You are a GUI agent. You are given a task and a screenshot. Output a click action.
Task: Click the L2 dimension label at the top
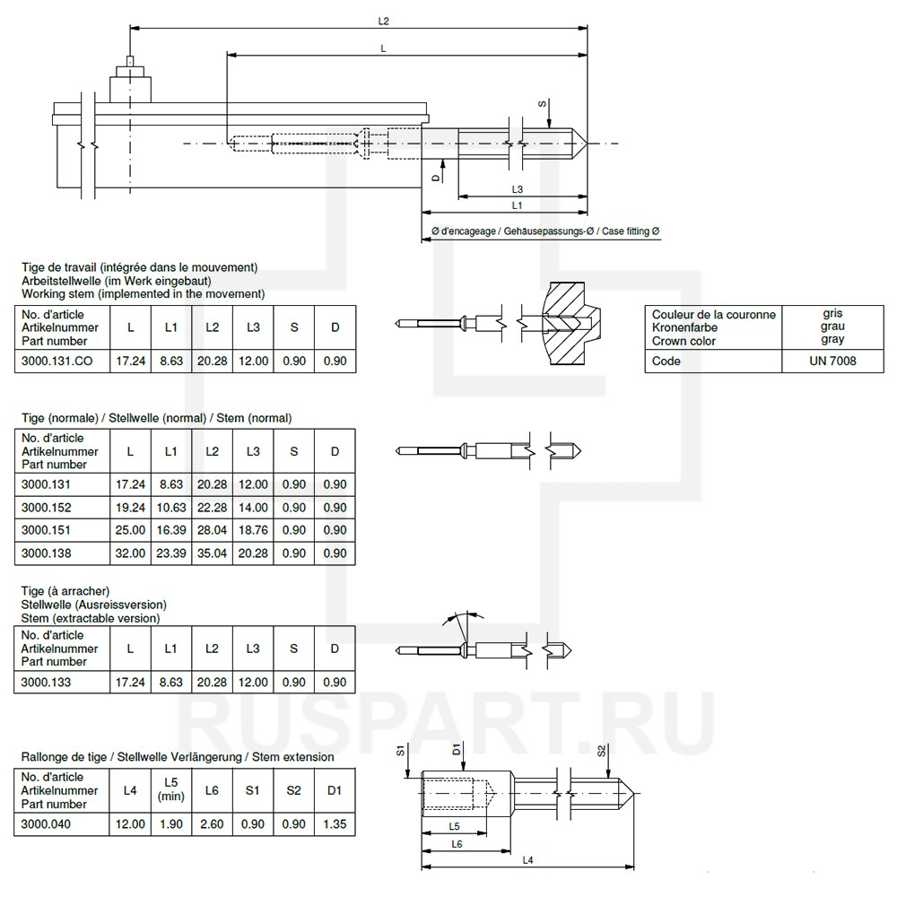click(x=384, y=19)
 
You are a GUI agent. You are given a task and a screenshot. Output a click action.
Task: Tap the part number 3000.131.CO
click(x=57, y=361)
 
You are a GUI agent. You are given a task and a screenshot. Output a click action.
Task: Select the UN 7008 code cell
click(x=832, y=361)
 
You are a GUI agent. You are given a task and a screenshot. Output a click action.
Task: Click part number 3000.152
click(x=45, y=508)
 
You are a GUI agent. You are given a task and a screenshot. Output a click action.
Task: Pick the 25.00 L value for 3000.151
click(x=130, y=530)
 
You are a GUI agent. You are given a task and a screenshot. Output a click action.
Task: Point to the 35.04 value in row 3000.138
click(x=212, y=553)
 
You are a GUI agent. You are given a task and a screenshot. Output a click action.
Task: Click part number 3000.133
click(x=45, y=682)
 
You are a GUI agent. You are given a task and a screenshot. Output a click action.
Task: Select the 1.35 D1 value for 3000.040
click(x=335, y=823)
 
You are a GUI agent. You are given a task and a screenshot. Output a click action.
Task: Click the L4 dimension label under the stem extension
click(x=527, y=860)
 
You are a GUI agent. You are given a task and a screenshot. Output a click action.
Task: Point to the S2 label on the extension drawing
click(x=602, y=752)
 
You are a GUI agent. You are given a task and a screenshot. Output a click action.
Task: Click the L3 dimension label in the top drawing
click(x=518, y=189)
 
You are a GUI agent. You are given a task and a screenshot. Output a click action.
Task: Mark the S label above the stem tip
click(x=543, y=104)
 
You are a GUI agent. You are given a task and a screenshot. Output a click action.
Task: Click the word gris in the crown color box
click(x=832, y=314)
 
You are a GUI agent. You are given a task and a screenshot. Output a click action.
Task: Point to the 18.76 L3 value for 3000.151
click(x=253, y=530)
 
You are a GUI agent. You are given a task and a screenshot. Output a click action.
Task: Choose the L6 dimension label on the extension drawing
click(x=457, y=844)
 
